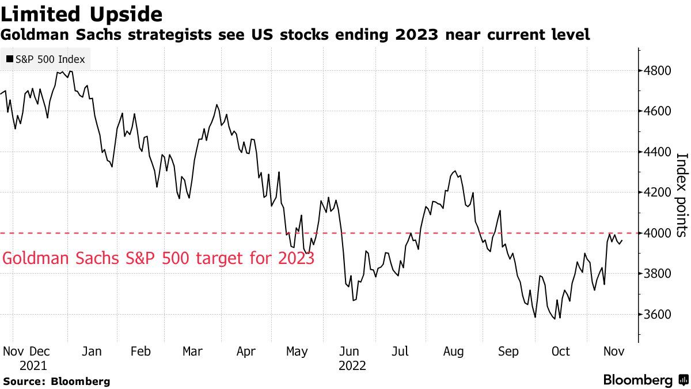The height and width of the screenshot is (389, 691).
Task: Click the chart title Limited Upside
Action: [x=81, y=13]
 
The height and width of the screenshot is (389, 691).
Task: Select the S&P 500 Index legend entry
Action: [x=45, y=59]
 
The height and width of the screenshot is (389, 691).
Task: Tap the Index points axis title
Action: [x=682, y=195]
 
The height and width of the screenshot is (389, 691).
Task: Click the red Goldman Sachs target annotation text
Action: [x=158, y=258]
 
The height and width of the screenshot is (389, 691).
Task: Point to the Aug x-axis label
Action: [x=454, y=352]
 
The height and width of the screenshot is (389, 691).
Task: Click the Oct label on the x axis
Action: [x=561, y=352]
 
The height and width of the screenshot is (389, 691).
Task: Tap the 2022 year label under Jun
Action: [x=352, y=365]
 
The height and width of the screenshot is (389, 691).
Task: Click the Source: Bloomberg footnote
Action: [x=56, y=381]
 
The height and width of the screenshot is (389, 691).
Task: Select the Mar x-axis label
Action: [x=193, y=352]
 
